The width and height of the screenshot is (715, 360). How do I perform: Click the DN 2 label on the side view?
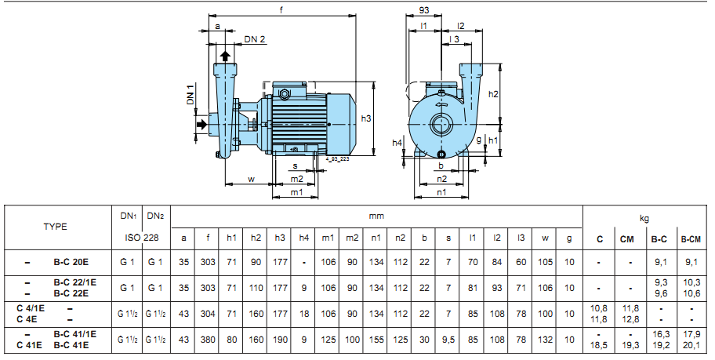[255, 38]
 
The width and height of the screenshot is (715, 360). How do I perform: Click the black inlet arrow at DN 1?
[201, 124]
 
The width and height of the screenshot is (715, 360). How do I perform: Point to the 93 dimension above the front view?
[423, 10]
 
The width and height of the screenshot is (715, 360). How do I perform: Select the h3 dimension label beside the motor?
[365, 118]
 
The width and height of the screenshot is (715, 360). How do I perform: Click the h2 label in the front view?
[493, 94]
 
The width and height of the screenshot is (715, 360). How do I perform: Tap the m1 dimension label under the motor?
[297, 192]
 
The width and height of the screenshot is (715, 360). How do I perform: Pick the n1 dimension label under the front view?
[441, 192]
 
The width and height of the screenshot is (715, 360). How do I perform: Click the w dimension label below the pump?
[251, 180]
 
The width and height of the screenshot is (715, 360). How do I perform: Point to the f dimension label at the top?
[281, 9]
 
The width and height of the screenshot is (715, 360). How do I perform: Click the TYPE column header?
[55, 227]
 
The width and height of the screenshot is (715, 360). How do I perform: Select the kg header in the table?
[644, 219]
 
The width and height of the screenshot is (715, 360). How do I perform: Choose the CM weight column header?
[626, 239]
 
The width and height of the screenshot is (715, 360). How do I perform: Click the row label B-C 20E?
[71, 262]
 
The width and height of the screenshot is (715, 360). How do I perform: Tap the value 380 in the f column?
[208, 340]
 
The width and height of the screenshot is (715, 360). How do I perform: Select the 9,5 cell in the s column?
[448, 340]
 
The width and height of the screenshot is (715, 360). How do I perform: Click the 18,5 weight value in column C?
[599, 345]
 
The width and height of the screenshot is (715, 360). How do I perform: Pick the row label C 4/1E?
[34, 308]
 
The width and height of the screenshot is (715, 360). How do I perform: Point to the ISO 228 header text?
[142, 238]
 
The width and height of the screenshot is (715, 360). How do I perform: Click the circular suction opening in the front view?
[441, 124]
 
